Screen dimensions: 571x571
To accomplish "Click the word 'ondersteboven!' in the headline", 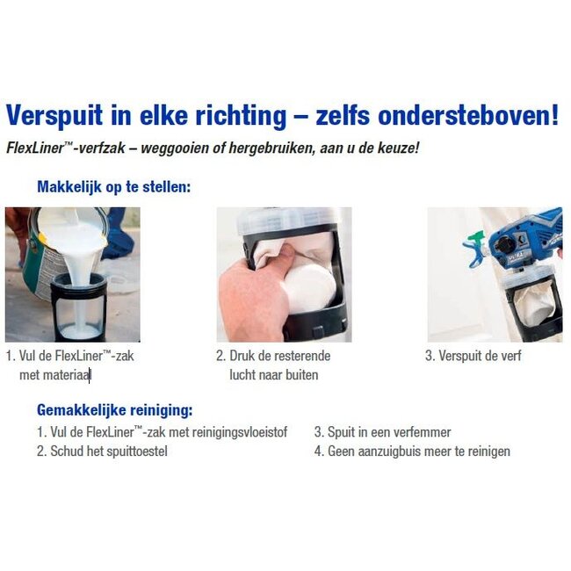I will [x=473, y=115].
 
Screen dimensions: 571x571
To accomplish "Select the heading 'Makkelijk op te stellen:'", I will [x=114, y=187].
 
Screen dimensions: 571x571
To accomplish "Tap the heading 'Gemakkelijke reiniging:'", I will [x=114, y=410].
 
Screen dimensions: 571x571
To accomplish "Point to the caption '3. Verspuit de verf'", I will [x=473, y=356].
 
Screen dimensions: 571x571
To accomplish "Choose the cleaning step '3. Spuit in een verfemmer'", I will [x=383, y=432].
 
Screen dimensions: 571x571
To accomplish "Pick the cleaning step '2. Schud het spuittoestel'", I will [x=102, y=452].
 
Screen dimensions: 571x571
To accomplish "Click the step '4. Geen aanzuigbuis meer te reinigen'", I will [x=412, y=452].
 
